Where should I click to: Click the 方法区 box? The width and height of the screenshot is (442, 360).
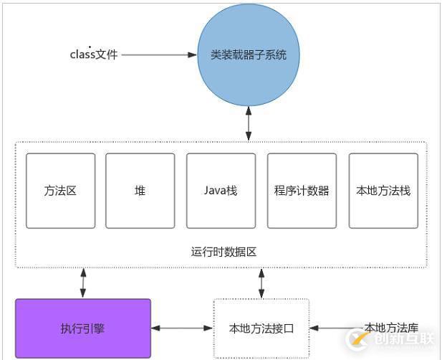pos(60,191)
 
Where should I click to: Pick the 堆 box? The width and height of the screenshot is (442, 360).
pos(140,191)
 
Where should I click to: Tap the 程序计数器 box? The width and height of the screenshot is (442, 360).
pos(302,191)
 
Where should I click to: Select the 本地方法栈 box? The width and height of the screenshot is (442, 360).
pos(383,191)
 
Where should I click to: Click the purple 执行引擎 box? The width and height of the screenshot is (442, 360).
pos(82,328)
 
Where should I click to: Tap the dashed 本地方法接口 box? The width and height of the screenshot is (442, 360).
pos(261,328)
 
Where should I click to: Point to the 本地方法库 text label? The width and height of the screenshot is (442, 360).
pos(390,327)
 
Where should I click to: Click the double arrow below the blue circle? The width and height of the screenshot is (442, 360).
pos(249,124)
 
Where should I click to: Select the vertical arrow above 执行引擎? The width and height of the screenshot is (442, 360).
pos(83,283)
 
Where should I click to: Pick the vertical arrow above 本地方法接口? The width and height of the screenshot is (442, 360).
pos(261,283)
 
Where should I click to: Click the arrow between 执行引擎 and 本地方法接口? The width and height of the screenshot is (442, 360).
pos(182,328)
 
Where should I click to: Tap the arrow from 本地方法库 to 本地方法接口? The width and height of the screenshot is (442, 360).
pos(337,328)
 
